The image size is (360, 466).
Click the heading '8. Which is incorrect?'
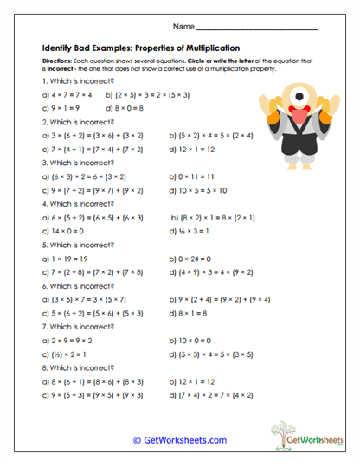coord(78,367)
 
